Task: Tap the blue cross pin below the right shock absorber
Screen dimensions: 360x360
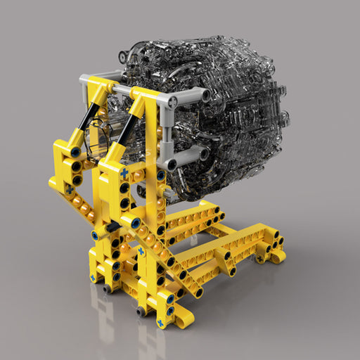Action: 124,172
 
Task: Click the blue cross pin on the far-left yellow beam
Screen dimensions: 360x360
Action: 69,188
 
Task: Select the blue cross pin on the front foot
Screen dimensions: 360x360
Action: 161,323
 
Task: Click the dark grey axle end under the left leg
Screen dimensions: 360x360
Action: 107,288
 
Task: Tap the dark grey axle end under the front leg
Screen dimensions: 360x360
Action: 141,310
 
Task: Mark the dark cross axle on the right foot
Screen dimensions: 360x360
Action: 260,259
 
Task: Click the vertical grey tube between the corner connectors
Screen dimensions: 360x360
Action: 167,134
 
